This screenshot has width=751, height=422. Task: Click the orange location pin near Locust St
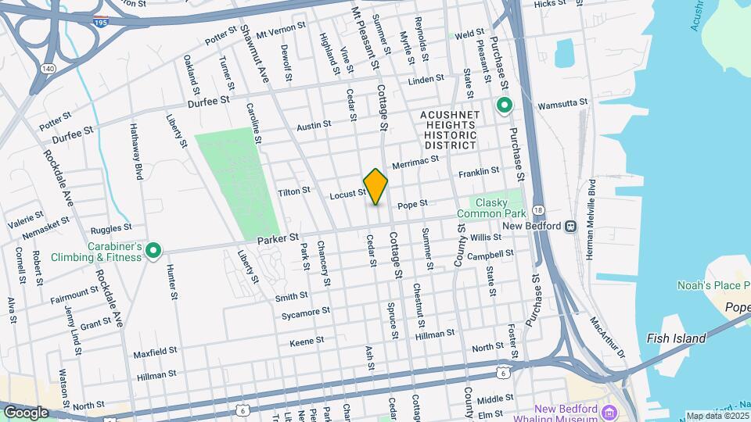[x=375, y=187]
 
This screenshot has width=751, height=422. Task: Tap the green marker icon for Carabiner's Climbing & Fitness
[x=153, y=251]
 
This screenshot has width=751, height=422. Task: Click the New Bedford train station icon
[x=571, y=226]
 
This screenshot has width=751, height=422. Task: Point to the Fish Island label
[x=677, y=338]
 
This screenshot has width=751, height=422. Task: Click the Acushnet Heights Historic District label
[x=450, y=130]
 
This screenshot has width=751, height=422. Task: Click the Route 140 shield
[x=49, y=69]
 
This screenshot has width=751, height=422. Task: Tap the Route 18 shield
[x=537, y=210]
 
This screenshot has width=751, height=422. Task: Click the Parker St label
[x=282, y=237]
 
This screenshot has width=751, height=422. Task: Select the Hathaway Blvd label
[x=135, y=153]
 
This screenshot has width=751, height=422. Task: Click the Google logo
[x=26, y=412]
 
